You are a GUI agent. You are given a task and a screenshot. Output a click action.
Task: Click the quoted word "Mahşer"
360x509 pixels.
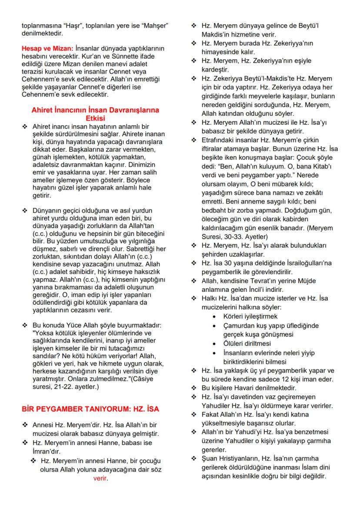click(x=154, y=25)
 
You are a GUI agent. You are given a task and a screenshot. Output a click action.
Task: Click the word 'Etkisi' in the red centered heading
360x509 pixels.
click(x=95, y=117)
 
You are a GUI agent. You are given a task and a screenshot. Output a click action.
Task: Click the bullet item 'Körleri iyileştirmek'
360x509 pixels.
click(x=250, y=316)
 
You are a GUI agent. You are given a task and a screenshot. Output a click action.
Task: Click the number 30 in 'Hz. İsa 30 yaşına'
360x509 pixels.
click(x=228, y=263)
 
